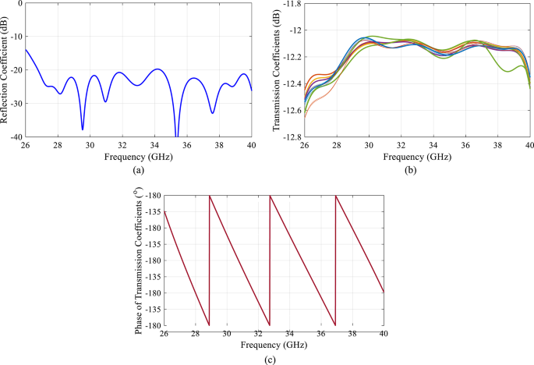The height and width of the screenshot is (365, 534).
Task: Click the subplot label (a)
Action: (138, 169)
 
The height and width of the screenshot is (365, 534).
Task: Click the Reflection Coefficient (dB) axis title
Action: (6, 70)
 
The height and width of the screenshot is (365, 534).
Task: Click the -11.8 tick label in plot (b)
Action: (291, 4)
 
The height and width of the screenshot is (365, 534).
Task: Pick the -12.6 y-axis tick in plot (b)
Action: (291, 111)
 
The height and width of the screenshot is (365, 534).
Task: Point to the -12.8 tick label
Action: (291, 137)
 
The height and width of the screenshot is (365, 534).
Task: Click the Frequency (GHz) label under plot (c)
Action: (274, 344)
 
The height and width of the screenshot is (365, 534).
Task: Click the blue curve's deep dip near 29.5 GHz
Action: (83, 129)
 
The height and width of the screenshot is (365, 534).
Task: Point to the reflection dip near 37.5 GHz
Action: (212, 113)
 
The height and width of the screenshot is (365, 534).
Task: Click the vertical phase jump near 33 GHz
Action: (270, 260)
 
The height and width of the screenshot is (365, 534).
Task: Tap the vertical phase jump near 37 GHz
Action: (335, 260)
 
